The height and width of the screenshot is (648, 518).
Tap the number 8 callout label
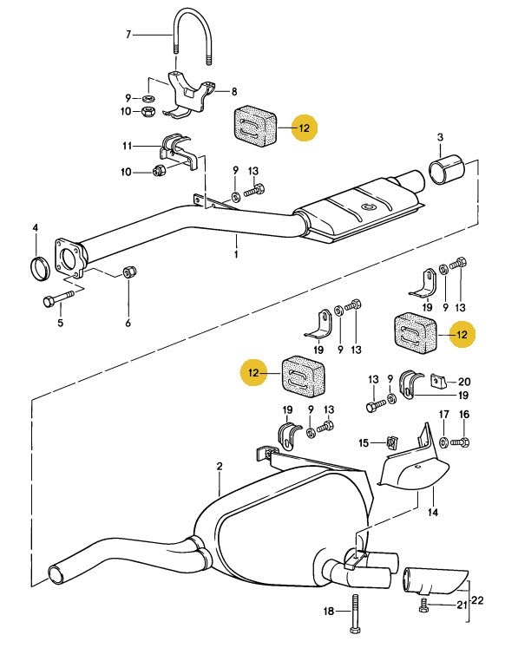[234, 91]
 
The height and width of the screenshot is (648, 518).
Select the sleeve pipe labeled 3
[447, 169]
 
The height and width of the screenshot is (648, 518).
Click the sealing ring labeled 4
[41, 268]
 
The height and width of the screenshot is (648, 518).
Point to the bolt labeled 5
[58, 298]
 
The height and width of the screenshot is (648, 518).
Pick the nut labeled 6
[130, 272]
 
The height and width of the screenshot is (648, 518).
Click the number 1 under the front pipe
[236, 254]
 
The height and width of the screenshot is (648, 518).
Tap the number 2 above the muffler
[220, 466]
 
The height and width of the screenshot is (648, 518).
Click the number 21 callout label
[462, 605]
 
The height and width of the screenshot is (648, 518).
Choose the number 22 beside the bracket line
[477, 599]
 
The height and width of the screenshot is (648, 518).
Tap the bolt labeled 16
[460, 442]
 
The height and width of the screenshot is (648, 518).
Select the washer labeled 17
[443, 442]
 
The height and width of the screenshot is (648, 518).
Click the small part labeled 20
[437, 381]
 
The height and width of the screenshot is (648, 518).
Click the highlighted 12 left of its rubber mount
[253, 373]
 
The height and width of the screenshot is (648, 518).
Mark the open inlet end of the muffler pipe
[56, 575]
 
